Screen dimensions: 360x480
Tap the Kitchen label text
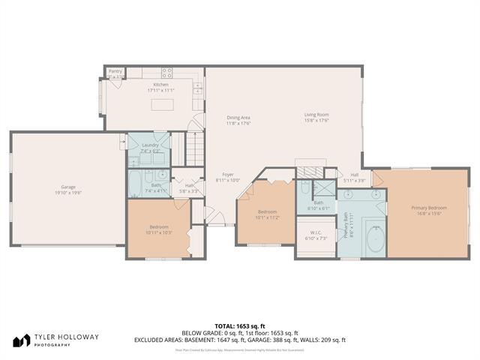161,85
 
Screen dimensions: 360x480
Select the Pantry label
115,72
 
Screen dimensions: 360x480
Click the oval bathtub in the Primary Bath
376,239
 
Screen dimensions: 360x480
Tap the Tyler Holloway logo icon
22,340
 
